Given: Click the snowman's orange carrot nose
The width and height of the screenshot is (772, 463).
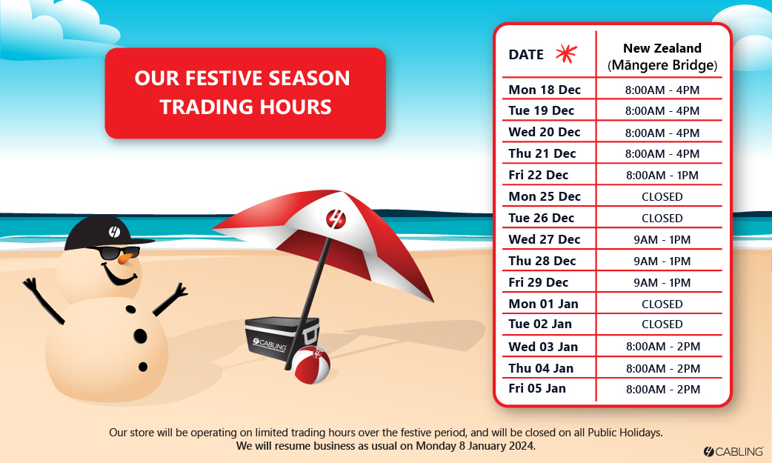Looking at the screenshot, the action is pos(126,258).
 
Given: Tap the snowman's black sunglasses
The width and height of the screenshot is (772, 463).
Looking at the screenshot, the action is pos(118,253).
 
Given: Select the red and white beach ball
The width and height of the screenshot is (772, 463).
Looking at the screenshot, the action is pos(310,364).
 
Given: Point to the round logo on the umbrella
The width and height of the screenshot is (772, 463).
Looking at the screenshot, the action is pos(336,219).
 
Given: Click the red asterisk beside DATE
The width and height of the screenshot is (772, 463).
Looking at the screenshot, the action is pos(566,53).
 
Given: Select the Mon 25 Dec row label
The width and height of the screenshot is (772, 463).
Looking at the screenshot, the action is pos(545,196).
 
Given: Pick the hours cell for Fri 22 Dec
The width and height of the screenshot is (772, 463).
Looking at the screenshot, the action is pos(662,176).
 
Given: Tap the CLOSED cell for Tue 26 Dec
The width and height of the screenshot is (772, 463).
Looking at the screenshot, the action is pos(662,219).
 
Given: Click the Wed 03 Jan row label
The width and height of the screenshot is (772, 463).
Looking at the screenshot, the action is pos(543,347).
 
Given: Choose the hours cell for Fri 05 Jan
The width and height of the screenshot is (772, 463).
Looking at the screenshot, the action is pos(662,390).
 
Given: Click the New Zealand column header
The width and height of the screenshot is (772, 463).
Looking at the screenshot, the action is pos(662,56).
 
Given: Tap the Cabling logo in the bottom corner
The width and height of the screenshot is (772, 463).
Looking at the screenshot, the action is pos(733,451).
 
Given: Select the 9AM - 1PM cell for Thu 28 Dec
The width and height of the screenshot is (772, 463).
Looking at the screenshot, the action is pos(662,261).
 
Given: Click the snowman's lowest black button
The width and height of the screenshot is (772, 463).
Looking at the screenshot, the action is pos(143,367).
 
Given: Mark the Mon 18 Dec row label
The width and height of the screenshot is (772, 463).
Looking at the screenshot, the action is pos(545,90).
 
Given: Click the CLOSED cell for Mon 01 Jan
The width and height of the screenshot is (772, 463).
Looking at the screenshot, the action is pos(662,304).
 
